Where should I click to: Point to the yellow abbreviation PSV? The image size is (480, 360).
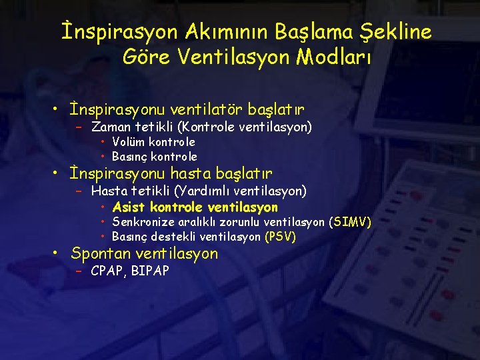click(x=280, y=237)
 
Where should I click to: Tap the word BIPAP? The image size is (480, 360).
click(x=151, y=271)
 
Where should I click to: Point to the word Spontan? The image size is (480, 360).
click(x=101, y=253)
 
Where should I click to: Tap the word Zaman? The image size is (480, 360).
click(x=111, y=127)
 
